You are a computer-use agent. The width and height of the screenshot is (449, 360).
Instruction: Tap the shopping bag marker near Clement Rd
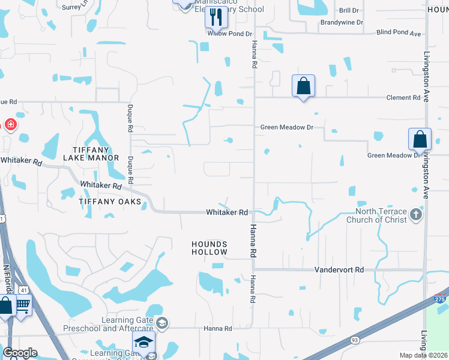(304, 86)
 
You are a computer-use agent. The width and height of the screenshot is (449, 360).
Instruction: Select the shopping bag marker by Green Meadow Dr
(420, 139)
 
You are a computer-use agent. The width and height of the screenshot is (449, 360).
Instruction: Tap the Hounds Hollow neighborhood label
(209, 248)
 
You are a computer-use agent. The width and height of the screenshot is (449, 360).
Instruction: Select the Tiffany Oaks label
(110, 202)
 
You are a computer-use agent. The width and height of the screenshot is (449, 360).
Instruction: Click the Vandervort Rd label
(339, 270)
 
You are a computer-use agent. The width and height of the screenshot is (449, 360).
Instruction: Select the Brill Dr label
(349, 10)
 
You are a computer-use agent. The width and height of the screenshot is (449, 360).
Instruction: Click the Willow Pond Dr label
(229, 34)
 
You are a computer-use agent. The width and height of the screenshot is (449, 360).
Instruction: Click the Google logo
(20, 353)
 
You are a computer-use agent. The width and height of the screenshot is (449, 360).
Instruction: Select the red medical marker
(10, 125)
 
